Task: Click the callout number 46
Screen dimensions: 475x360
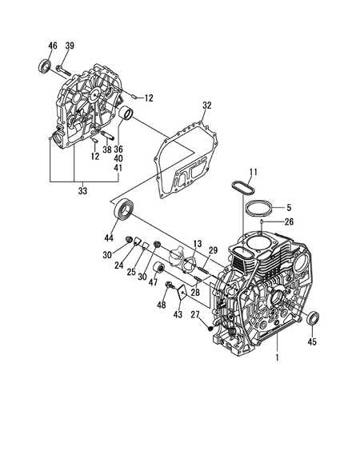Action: coord(53,45)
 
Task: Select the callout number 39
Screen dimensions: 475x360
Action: coord(70,45)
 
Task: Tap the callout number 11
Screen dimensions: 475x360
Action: coord(253,172)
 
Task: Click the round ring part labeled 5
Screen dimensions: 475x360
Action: coord(258,208)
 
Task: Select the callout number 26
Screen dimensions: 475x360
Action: coord(289,222)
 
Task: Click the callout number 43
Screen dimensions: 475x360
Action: coord(178,315)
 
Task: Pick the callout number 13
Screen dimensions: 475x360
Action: coord(197,242)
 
